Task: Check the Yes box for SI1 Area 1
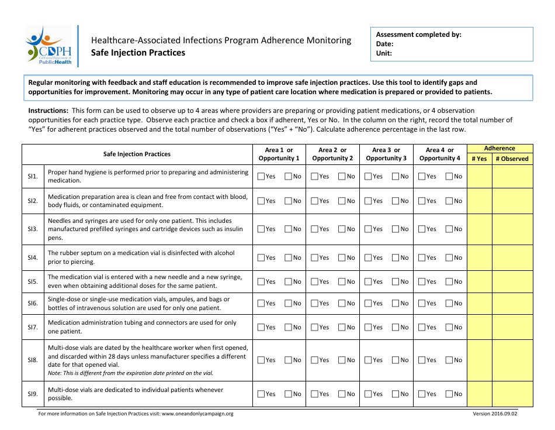[x=261, y=176]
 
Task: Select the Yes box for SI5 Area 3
[x=368, y=281]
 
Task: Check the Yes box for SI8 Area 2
[x=314, y=360]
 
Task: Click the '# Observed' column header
[x=512, y=159]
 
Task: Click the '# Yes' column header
[x=479, y=159]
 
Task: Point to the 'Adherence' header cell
[x=500, y=149]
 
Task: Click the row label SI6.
[x=33, y=303]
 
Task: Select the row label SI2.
[x=33, y=201]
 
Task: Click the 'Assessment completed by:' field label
[x=418, y=35]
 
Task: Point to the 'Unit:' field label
[x=384, y=53]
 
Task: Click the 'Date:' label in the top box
[x=384, y=44]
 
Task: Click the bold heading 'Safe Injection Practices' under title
[x=138, y=53]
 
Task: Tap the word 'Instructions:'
[x=48, y=111]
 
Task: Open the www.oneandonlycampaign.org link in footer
[x=197, y=414]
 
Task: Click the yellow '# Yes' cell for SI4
[x=479, y=257]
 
